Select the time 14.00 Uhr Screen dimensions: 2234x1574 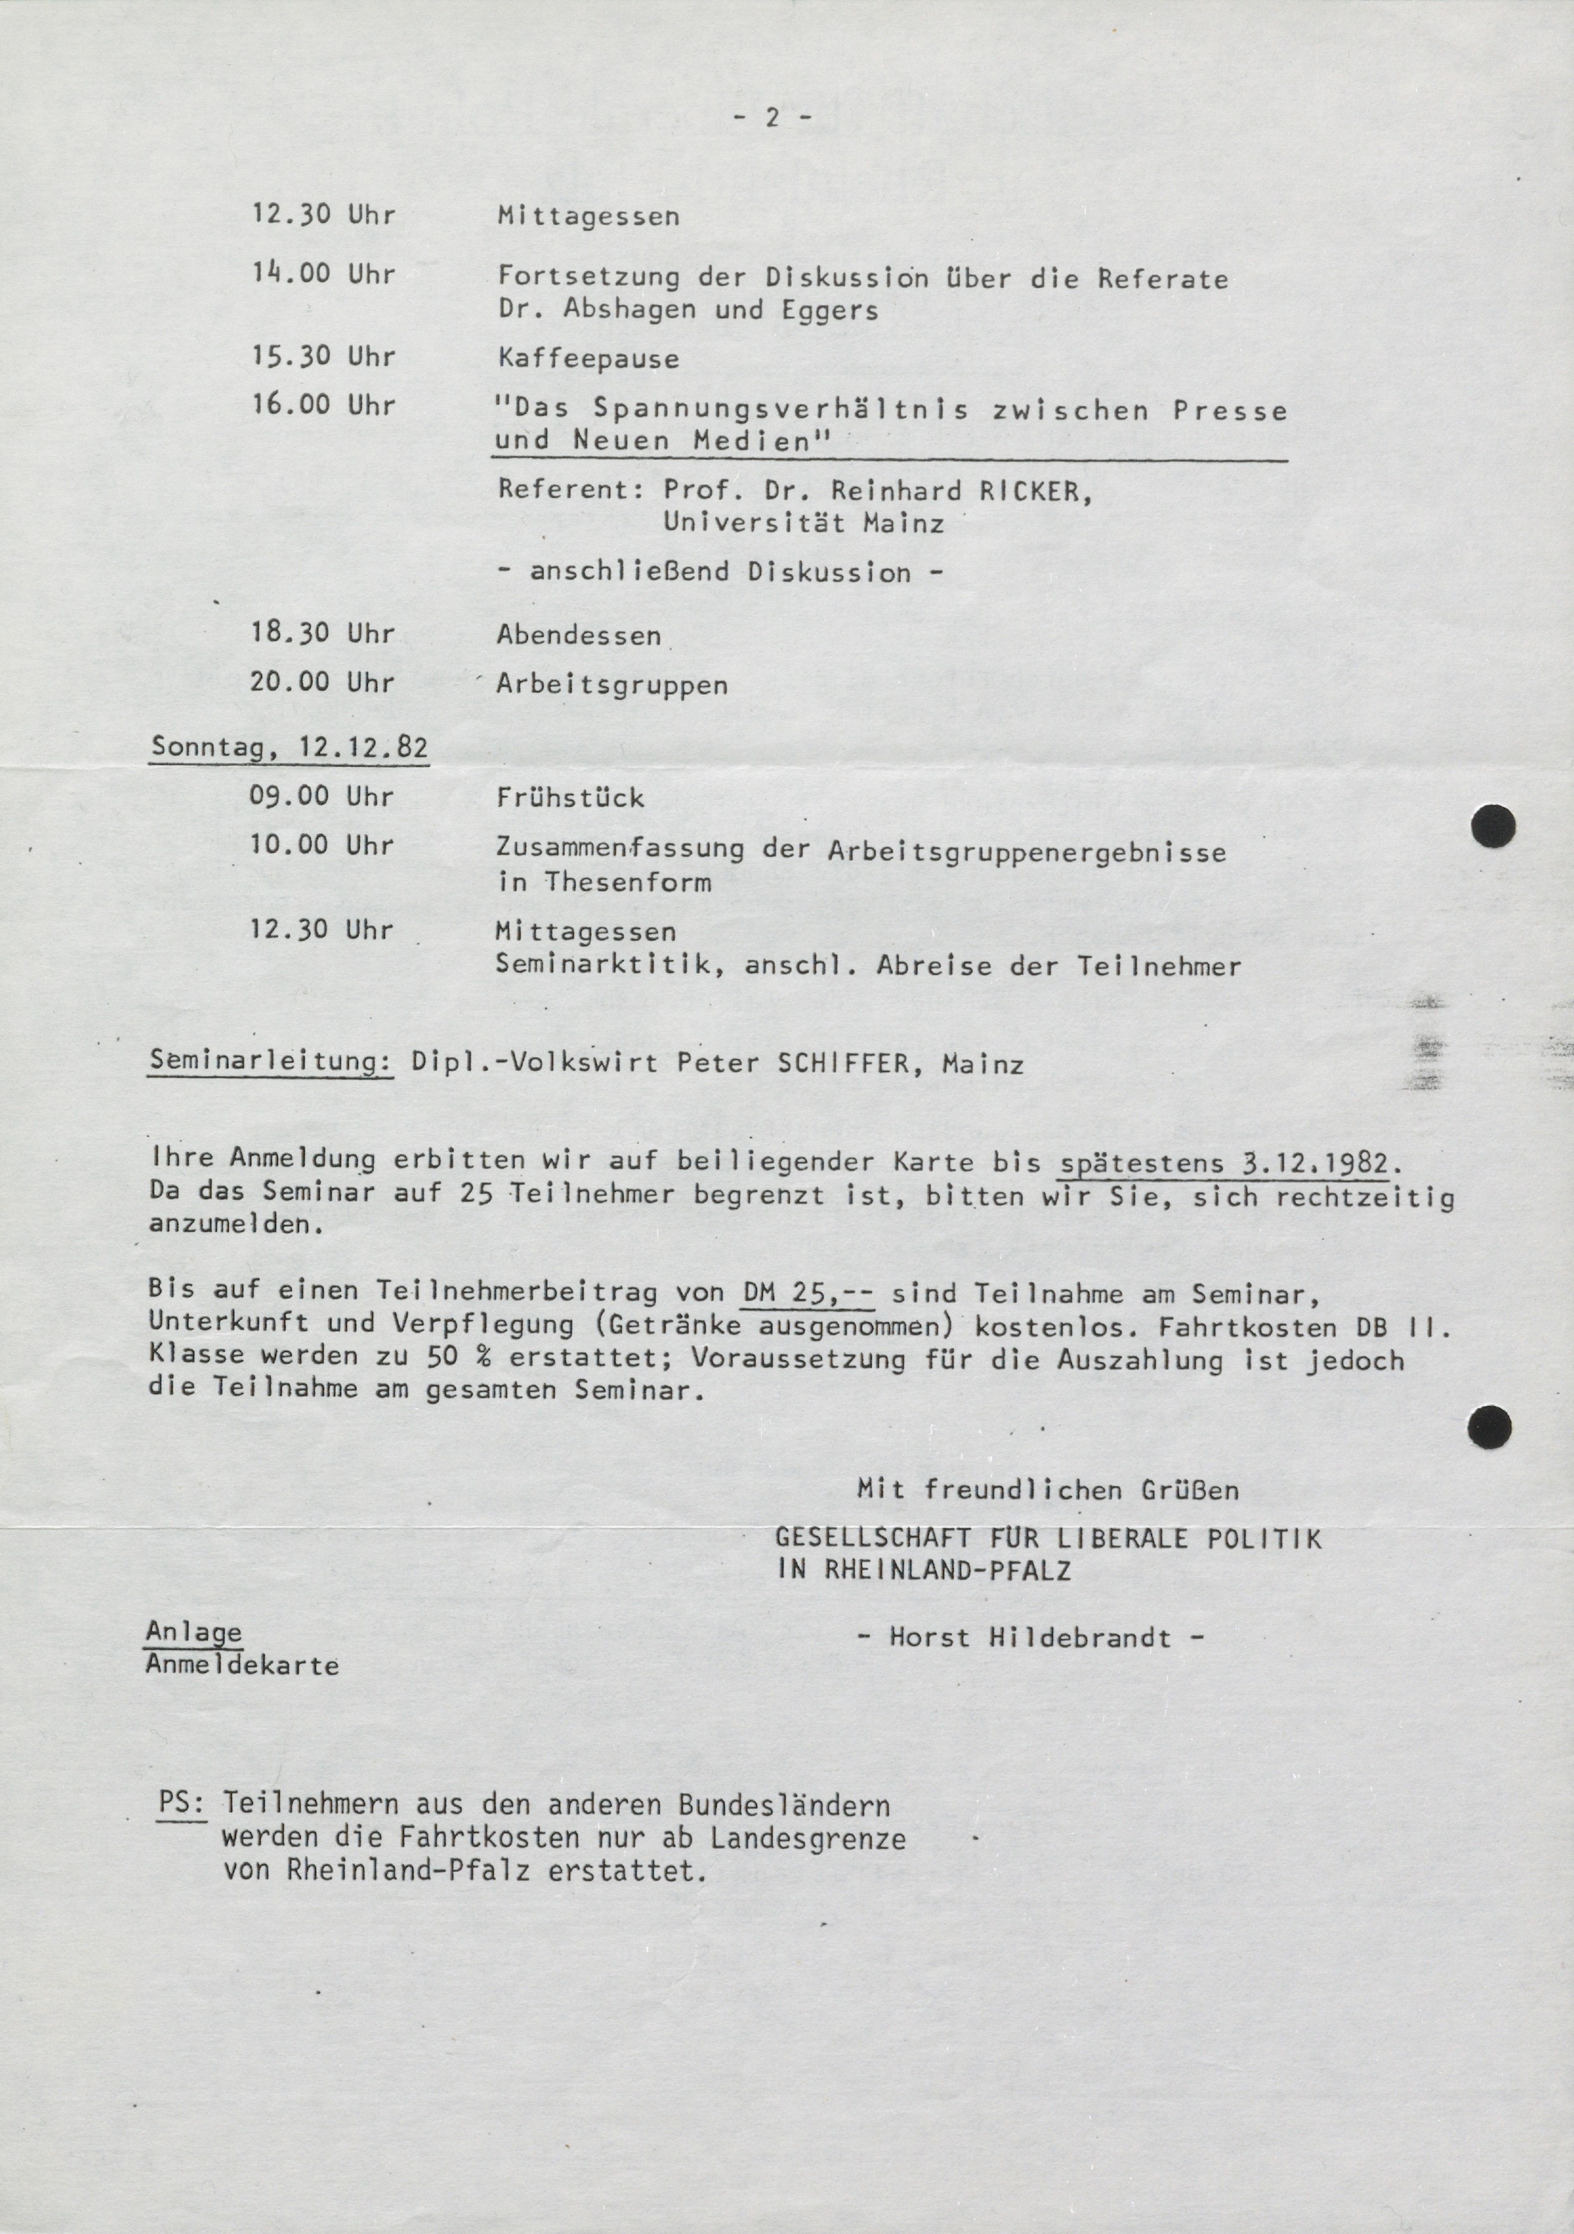pyautogui.click(x=323, y=274)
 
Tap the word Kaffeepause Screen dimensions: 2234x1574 pyautogui.click(x=588, y=359)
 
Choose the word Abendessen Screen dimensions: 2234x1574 pyautogui.click(x=579, y=636)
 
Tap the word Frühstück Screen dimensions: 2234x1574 pyautogui.click(x=570, y=798)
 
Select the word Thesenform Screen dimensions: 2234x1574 pyautogui.click(x=627, y=883)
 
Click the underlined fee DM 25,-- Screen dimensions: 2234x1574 pyautogui.click(x=807, y=1293)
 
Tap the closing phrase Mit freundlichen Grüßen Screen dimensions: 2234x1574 pyautogui.click(x=1048, y=1490)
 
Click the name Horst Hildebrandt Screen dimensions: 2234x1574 pyautogui.click(x=1030, y=1638)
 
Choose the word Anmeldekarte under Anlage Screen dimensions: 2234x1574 pyautogui.click(x=242, y=1665)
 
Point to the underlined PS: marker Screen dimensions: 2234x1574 pyautogui.click(x=182, y=1804)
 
